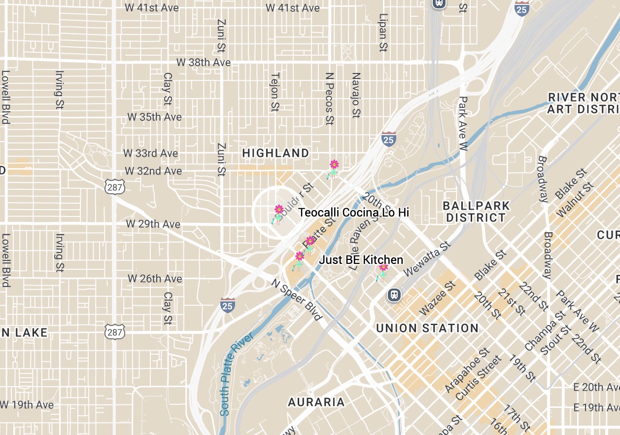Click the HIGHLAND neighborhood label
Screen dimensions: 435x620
click(x=276, y=153)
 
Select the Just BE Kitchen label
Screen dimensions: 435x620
click(x=361, y=260)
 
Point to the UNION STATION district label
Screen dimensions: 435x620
click(x=427, y=328)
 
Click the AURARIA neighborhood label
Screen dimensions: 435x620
click(x=316, y=402)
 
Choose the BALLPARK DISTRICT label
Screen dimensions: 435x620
click(x=476, y=212)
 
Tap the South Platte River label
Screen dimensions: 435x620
click(x=236, y=374)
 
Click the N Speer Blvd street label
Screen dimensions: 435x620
click(x=297, y=299)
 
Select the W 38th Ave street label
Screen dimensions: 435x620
click(x=204, y=63)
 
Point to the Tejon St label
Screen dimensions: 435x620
click(x=275, y=92)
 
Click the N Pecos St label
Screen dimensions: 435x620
click(x=330, y=99)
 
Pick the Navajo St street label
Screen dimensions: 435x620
click(x=356, y=96)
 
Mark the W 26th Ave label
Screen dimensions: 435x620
click(x=155, y=279)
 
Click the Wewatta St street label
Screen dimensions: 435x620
click(x=427, y=259)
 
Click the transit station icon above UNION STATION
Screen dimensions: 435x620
click(x=394, y=295)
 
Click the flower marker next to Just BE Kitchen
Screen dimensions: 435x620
click(x=383, y=271)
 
